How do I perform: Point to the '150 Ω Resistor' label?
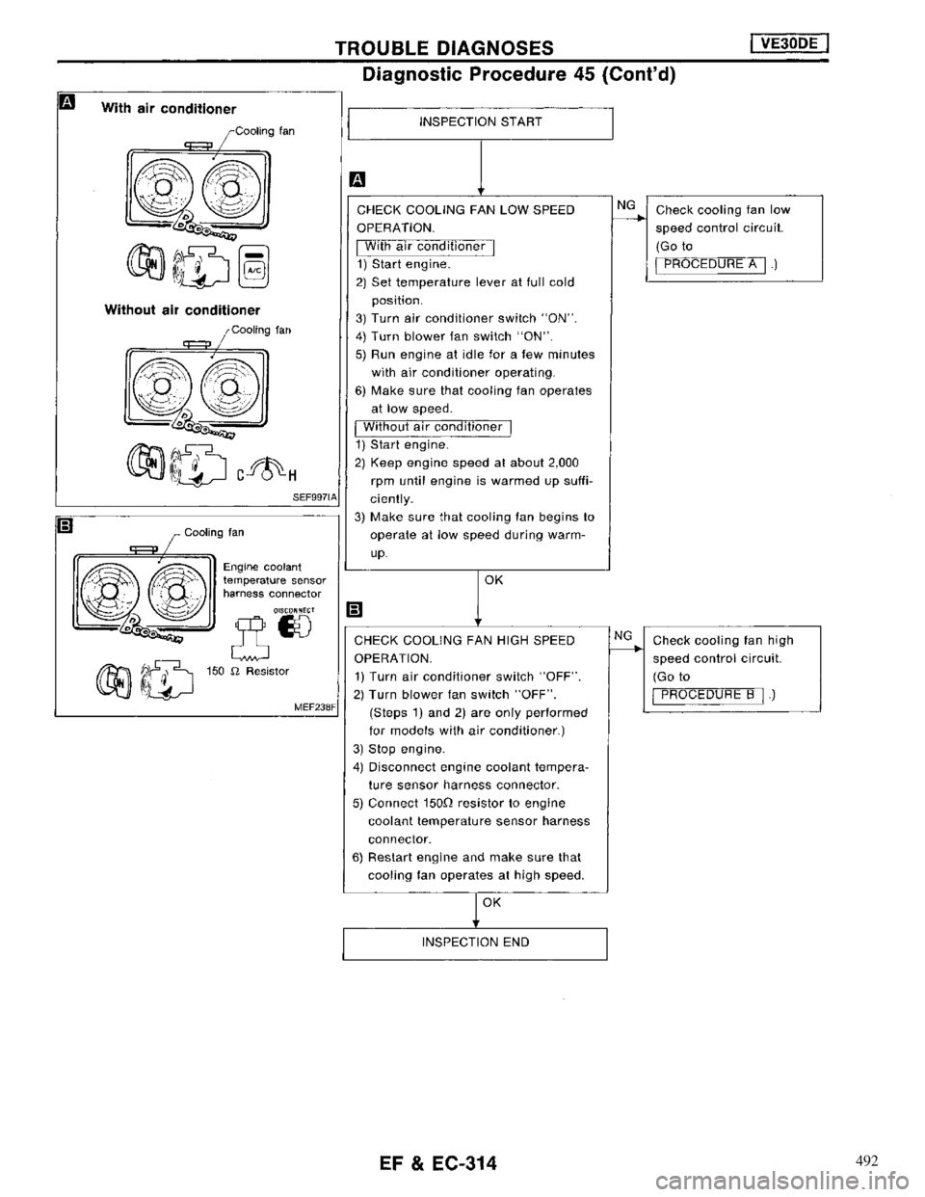[240, 669]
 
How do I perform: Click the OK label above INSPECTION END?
[491, 905]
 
